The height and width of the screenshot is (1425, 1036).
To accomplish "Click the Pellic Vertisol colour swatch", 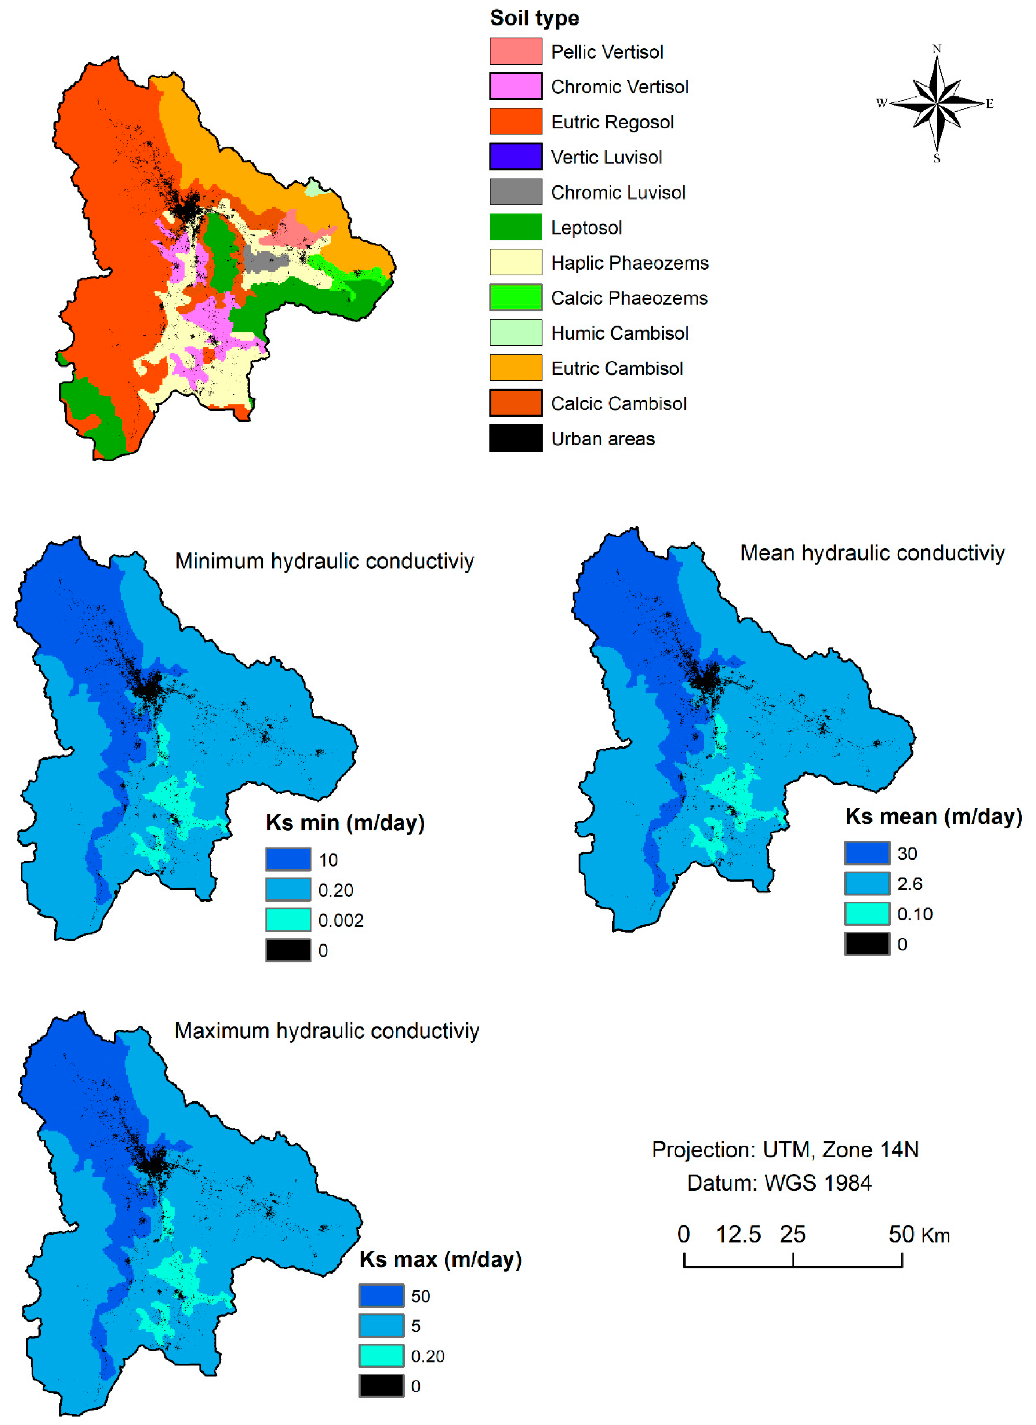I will tap(516, 51).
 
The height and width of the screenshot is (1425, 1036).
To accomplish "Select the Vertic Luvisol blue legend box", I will tap(516, 157).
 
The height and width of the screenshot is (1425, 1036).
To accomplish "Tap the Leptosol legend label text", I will tap(586, 227).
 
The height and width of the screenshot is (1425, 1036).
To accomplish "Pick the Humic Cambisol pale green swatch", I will tap(516, 332).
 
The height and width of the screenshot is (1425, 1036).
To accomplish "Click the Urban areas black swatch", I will tap(516, 438).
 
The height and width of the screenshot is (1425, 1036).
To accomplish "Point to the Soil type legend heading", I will tap(534, 18).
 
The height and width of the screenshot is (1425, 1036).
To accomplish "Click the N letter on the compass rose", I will tap(936, 48).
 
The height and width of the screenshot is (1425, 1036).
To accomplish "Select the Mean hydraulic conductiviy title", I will tap(872, 553).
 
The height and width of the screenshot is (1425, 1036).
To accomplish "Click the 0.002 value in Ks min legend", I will tap(340, 920).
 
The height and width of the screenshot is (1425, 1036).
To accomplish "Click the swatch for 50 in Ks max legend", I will tap(381, 1296).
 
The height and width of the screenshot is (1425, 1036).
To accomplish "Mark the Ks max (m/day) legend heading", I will tap(440, 1259).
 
